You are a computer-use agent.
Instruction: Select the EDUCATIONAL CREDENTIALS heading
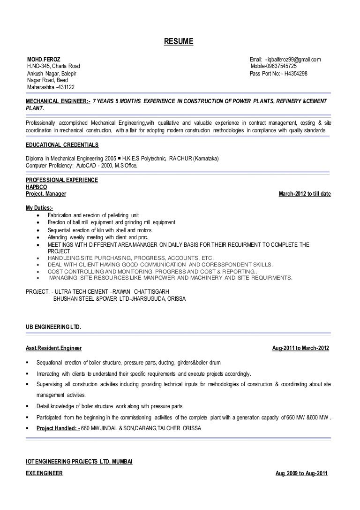[x=62, y=145]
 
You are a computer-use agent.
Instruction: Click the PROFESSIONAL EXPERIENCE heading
[x=62, y=180]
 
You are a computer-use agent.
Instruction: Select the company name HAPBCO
[x=37, y=186]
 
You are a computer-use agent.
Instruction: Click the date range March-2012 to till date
[x=305, y=193]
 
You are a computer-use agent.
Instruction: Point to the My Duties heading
[x=39, y=207]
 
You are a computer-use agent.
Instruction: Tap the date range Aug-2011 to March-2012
[x=300, y=348]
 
